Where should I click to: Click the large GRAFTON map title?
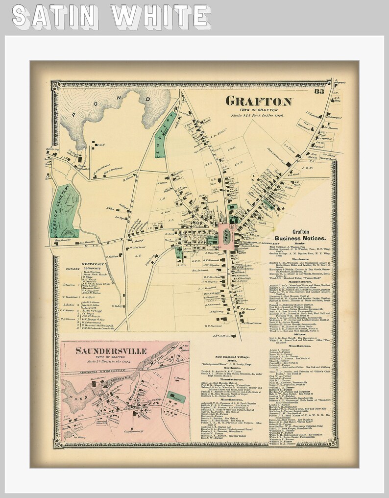click(259, 101)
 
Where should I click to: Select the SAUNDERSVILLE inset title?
click(112, 351)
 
